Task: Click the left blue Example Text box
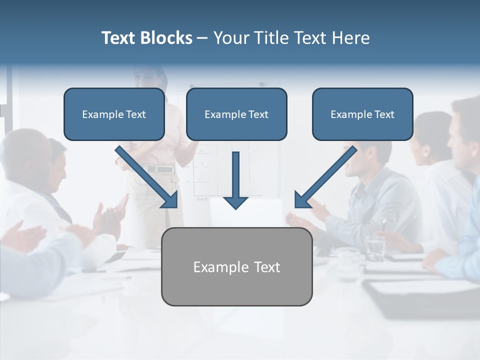(x=114, y=114)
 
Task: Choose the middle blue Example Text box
(x=236, y=114)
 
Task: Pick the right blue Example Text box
(x=362, y=114)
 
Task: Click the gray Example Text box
(x=236, y=266)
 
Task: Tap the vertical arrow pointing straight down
(x=235, y=180)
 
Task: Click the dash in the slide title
(x=202, y=38)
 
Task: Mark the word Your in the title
(x=231, y=38)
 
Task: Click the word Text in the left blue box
(x=136, y=114)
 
